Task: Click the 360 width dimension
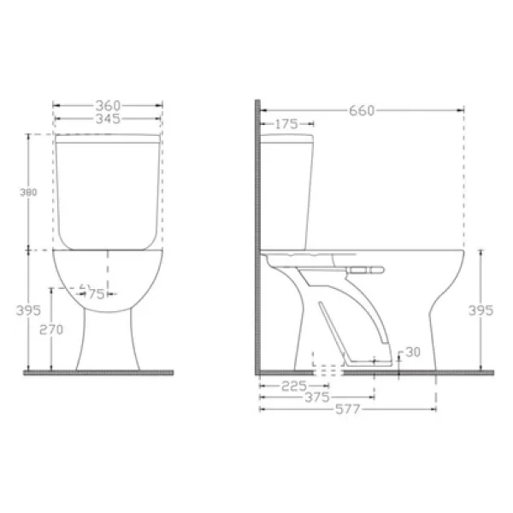pos(108,106)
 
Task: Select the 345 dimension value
pos(108,119)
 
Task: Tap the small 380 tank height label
pos(28,192)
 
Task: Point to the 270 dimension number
pos(51,329)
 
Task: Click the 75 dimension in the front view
pos(97,294)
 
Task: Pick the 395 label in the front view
pos(28,310)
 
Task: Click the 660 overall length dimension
pos(362,111)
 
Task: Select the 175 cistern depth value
pos(286,124)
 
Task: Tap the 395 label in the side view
pos(481,310)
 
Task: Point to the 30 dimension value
pos(413,352)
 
